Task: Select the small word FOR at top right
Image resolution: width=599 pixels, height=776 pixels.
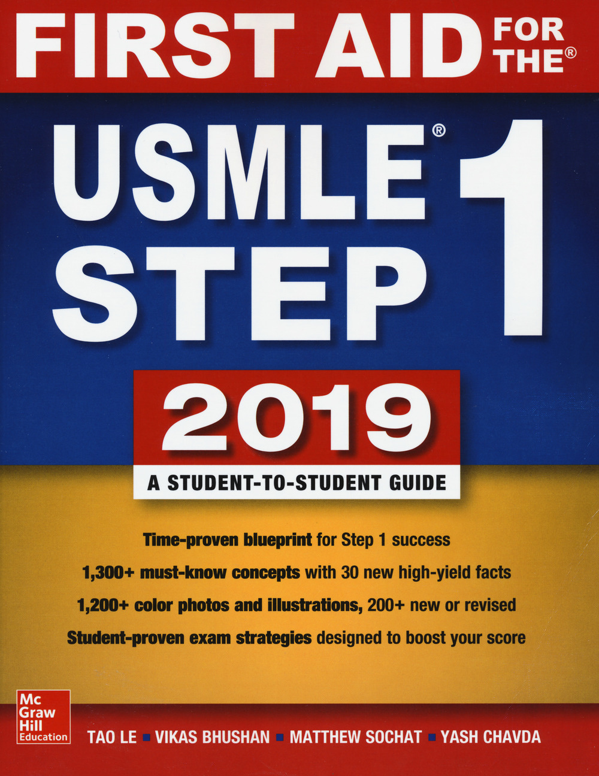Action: [530, 29]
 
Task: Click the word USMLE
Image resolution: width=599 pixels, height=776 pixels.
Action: [240, 173]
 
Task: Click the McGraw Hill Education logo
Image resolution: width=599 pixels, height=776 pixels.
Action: [43, 717]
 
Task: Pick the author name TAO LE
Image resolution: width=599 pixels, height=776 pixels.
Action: [112, 736]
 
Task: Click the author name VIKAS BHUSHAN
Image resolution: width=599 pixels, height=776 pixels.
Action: [212, 736]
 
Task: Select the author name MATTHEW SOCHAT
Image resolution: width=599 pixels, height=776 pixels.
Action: [356, 736]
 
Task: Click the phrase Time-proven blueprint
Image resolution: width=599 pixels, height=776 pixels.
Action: [227, 539]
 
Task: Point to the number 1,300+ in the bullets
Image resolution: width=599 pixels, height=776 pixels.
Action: [108, 572]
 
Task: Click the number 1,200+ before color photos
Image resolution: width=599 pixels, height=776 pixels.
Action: [103, 605]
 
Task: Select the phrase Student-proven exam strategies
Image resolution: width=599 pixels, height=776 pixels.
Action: [189, 638]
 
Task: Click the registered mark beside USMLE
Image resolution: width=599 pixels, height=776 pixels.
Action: [438, 129]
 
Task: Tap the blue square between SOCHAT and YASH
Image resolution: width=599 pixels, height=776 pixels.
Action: [432, 737]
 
